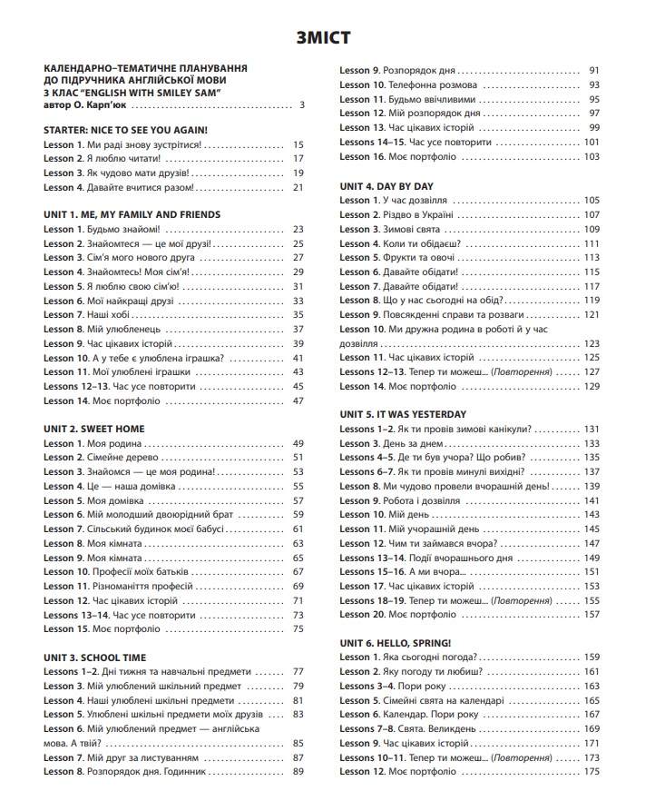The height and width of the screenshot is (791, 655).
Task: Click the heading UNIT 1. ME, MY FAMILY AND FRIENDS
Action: pos(132,214)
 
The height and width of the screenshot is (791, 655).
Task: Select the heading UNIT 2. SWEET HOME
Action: pos(93,429)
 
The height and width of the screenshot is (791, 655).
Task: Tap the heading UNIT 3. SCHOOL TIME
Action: pos(95,657)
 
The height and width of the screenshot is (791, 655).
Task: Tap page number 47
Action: pos(298,400)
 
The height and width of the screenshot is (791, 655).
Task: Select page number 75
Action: pos(298,628)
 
